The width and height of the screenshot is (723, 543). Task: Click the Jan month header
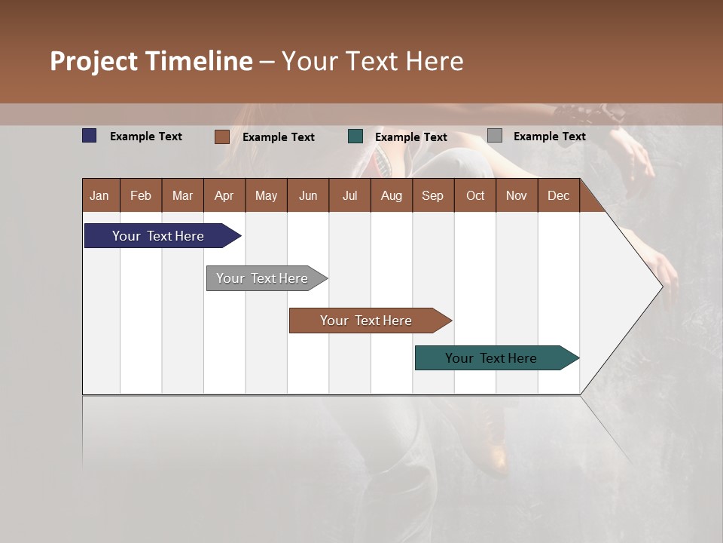coord(100,195)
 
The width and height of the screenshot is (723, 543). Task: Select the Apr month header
coord(224,195)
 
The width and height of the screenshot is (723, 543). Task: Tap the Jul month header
coord(349,195)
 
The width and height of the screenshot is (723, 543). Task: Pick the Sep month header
coord(432,195)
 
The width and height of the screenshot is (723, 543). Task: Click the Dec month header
coord(558,195)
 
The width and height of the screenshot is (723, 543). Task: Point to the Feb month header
coord(141,195)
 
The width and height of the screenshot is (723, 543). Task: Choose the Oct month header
coord(475,195)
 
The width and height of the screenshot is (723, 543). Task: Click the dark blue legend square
coord(90,136)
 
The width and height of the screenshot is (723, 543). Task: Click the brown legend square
coord(222,137)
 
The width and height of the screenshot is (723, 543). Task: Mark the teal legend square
coord(355,137)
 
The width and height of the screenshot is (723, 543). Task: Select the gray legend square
coord(495,136)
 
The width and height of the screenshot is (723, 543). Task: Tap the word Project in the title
coord(94,61)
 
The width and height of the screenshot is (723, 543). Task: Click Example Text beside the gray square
coord(549,137)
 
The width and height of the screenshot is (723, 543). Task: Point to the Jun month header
coord(307,195)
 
